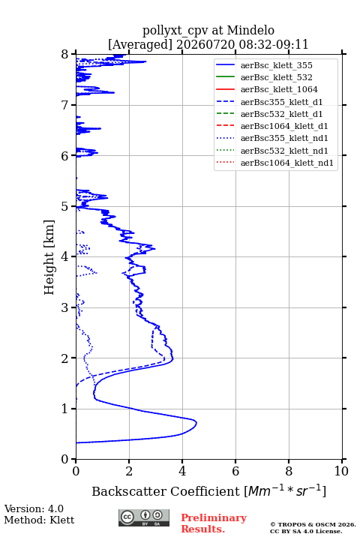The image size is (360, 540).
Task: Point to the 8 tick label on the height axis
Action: (65, 55)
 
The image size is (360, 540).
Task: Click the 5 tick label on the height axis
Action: (65, 207)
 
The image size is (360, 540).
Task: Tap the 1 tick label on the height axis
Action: (65, 409)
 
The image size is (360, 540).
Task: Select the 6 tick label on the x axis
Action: (235, 471)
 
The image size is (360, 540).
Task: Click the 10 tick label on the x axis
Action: (341, 471)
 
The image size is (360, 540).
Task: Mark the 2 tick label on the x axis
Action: (129, 471)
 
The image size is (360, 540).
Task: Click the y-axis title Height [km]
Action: (49, 257)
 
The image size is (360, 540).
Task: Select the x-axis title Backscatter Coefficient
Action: (166, 491)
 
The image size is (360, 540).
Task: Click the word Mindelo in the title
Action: (250, 31)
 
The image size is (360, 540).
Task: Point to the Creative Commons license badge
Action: (144, 517)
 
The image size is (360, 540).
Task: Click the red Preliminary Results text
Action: (214, 523)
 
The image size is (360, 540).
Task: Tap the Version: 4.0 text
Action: (34, 508)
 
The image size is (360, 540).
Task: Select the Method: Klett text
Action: (39, 520)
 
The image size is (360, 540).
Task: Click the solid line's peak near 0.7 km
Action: (196, 422)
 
